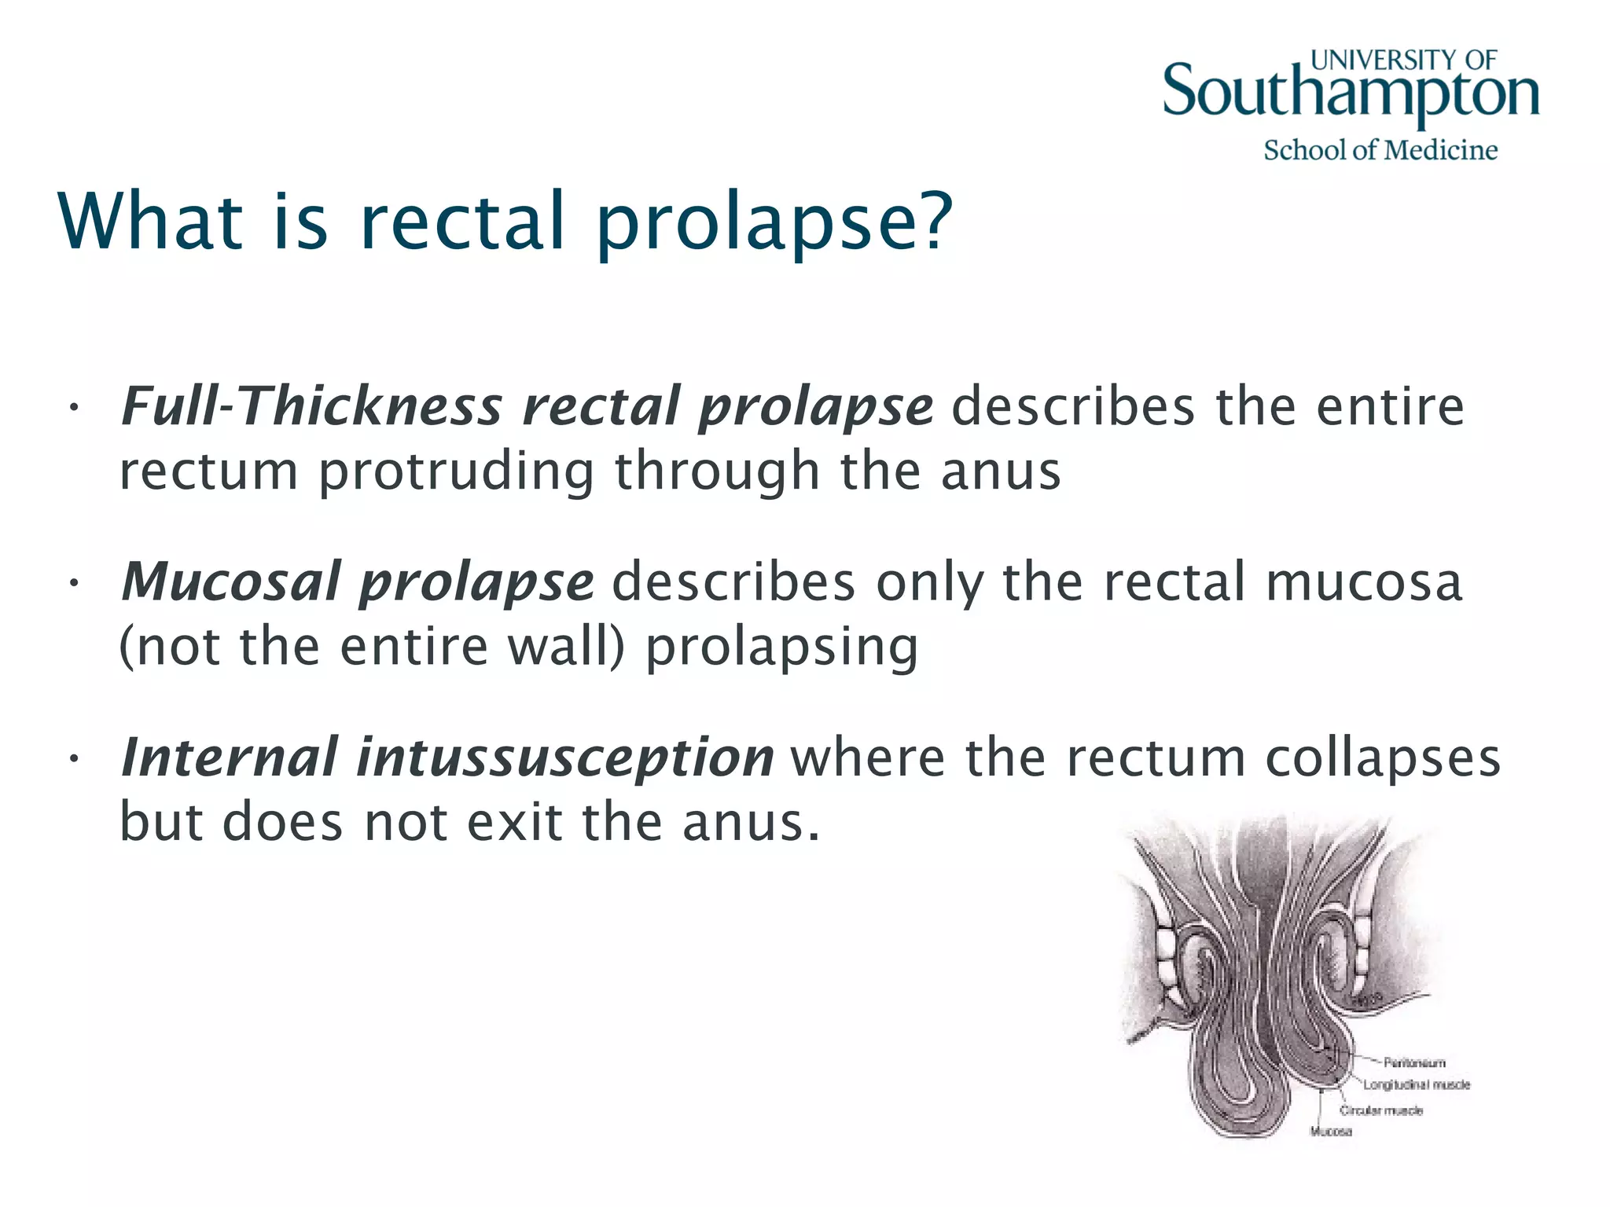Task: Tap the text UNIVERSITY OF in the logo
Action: [x=1403, y=60]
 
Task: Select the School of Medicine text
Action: [x=1380, y=149]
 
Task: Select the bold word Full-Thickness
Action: [x=311, y=406]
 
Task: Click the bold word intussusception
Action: [x=565, y=757]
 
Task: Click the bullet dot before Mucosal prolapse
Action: [x=73, y=583]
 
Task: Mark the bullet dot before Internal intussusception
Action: [x=73, y=758]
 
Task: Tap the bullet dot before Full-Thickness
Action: [x=73, y=408]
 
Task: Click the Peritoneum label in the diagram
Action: [x=1414, y=1063]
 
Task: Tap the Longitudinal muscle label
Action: [x=1417, y=1085]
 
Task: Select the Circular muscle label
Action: [x=1381, y=1110]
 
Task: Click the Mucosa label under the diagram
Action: [x=1330, y=1132]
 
